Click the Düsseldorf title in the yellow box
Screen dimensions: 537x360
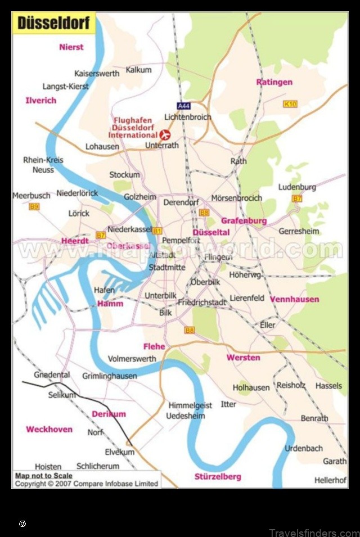point(53,24)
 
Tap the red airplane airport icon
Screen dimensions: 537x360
point(165,135)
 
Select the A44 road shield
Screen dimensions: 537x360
point(183,106)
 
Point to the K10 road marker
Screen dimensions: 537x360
point(290,104)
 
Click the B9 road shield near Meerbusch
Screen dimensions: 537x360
point(34,206)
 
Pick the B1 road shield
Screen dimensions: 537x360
point(157,231)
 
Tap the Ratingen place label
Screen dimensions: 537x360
point(274,82)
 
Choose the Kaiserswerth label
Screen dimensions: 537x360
point(97,74)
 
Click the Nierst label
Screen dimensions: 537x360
point(71,47)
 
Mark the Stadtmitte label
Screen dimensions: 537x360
point(167,268)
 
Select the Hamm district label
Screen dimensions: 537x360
point(110,304)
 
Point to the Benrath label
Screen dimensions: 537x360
point(314,418)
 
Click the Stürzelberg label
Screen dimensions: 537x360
point(218,477)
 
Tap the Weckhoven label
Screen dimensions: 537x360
point(49,429)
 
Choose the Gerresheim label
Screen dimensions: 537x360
point(299,231)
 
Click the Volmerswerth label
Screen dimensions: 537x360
point(132,358)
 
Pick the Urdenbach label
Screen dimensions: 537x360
point(304,448)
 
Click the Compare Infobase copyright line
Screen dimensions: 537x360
point(86,484)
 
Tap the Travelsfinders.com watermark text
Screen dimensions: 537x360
point(313,533)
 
